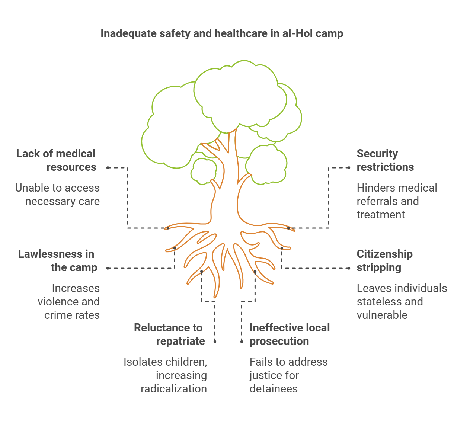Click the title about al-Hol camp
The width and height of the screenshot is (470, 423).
(x=221, y=34)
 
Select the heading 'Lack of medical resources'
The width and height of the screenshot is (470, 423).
(x=56, y=160)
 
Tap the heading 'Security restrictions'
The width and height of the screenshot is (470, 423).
(x=385, y=160)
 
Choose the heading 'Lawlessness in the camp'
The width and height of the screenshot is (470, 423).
(x=58, y=261)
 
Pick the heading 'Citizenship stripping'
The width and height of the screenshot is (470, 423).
(x=384, y=261)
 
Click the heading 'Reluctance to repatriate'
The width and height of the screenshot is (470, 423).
(x=169, y=334)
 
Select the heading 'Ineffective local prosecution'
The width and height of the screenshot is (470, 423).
(x=290, y=334)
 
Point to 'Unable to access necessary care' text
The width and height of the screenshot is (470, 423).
(x=58, y=195)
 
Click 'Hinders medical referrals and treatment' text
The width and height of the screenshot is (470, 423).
(x=397, y=201)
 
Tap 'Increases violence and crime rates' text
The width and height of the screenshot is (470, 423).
(x=69, y=302)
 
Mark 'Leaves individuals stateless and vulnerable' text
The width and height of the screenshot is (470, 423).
(x=402, y=302)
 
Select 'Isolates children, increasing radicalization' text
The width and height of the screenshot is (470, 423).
(x=166, y=375)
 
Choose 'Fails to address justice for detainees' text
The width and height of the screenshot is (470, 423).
(x=288, y=375)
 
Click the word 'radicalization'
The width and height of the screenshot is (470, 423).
(x=174, y=389)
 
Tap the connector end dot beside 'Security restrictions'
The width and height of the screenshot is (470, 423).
(x=349, y=168)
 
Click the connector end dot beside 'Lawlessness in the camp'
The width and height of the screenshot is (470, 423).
(x=108, y=268)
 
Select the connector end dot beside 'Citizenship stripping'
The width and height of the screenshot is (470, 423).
(x=349, y=268)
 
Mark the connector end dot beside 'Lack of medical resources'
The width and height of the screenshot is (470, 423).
(x=108, y=168)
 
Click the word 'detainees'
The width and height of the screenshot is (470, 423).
(x=274, y=389)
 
